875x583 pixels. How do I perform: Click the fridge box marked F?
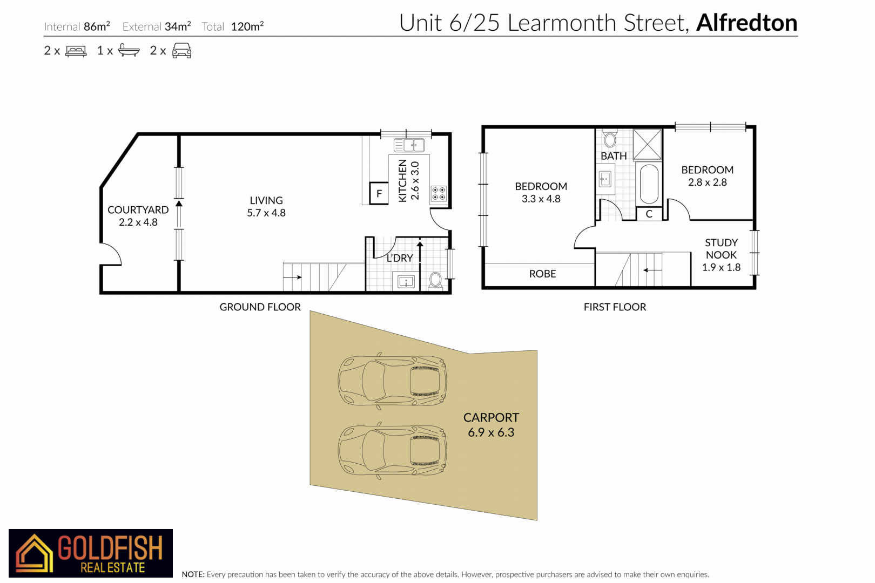pyautogui.click(x=379, y=193)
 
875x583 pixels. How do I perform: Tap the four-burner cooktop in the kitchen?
pyautogui.click(x=439, y=194)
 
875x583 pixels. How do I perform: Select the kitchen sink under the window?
pyautogui.click(x=409, y=145)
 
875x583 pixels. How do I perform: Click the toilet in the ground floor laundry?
pyautogui.click(x=435, y=281)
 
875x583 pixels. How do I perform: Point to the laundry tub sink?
pyautogui.click(x=406, y=281)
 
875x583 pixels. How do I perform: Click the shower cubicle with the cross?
pyautogui.click(x=647, y=145)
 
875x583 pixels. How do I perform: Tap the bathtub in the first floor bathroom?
pyautogui.click(x=649, y=184)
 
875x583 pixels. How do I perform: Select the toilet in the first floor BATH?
pyautogui.click(x=609, y=139)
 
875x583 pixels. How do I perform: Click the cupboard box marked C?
pyautogui.click(x=649, y=214)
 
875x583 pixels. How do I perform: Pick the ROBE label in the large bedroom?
pyautogui.click(x=543, y=274)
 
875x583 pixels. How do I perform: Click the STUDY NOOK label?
pyautogui.click(x=721, y=249)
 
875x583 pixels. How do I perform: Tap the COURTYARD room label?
pyautogui.click(x=138, y=209)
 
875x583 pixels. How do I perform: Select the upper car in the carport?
pyautogui.click(x=392, y=381)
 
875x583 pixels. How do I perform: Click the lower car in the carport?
pyautogui.click(x=392, y=450)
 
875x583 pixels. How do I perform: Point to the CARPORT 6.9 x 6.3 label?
pyautogui.click(x=491, y=425)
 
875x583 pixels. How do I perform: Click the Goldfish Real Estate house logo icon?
pyautogui.click(x=34, y=553)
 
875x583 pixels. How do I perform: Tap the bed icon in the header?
pyautogui.click(x=76, y=51)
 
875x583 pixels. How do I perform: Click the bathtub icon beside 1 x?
pyautogui.click(x=129, y=50)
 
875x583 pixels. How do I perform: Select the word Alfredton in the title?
pyautogui.click(x=746, y=23)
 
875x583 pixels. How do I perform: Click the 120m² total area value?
pyautogui.click(x=247, y=26)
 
